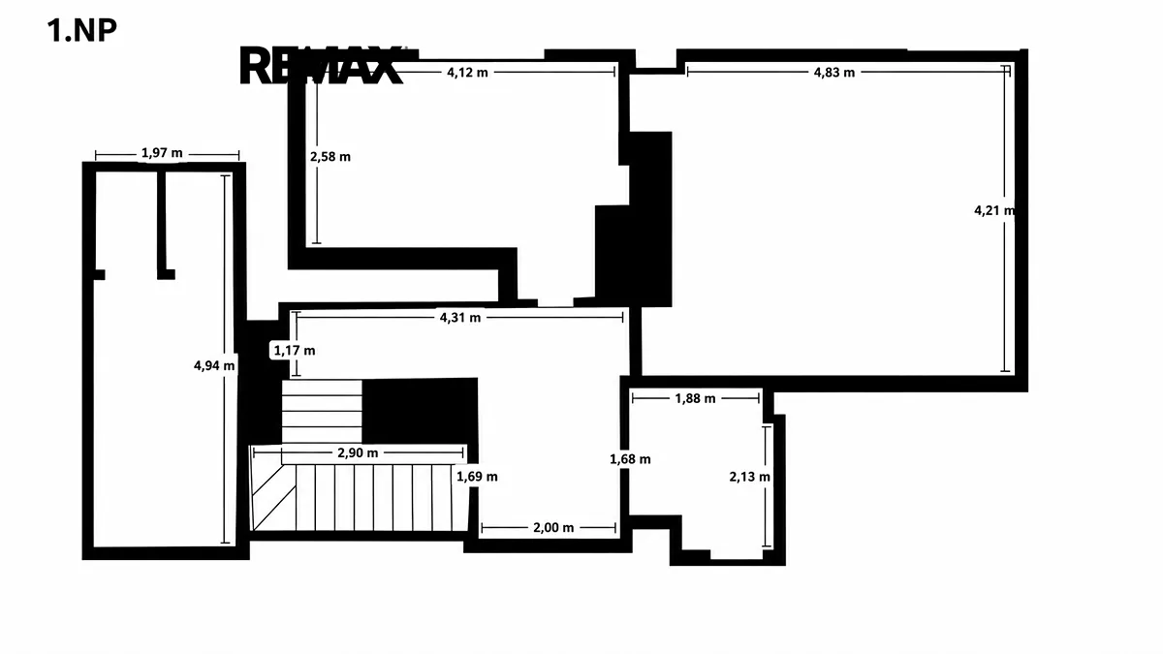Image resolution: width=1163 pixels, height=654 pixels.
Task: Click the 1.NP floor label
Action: coord(82,30)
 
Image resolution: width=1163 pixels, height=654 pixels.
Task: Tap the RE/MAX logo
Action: coord(321,66)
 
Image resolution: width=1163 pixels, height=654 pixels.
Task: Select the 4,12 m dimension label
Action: coord(467,73)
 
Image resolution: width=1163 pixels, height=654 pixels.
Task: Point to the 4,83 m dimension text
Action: coord(833,73)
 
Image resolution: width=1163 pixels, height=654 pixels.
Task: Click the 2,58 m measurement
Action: coord(330,157)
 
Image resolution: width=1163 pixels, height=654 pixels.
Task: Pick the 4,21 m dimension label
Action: coord(993,211)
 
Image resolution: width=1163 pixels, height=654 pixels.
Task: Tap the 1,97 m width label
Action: coord(162,153)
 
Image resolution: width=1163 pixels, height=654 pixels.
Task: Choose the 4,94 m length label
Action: coord(214,366)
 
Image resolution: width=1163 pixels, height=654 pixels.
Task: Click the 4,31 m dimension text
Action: coord(460,318)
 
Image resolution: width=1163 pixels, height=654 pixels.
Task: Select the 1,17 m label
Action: coord(295,351)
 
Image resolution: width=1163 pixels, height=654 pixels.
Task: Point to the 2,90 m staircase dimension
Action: coord(358,453)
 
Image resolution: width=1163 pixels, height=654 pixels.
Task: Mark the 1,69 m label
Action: coord(477,477)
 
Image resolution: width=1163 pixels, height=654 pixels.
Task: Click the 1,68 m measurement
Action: coord(630,459)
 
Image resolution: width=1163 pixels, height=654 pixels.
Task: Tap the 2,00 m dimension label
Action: coord(553,528)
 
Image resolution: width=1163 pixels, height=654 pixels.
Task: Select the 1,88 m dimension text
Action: coord(695,398)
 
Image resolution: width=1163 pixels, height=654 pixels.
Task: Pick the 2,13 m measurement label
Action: coord(750,477)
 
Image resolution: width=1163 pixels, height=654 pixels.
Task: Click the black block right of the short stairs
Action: coord(420,411)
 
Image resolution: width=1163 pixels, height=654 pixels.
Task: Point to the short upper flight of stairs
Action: coord(322,411)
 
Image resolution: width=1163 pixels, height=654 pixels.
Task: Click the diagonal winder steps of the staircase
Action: coord(273,497)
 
